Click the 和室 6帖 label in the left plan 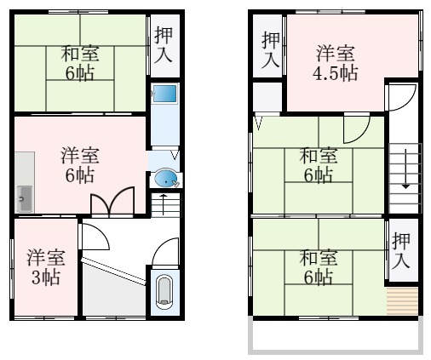[x=79, y=62]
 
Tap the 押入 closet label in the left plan [x=164, y=44]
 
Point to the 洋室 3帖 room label [x=44, y=266]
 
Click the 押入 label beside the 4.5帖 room [x=269, y=49]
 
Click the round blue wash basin [x=166, y=179]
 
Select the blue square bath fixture [x=164, y=94]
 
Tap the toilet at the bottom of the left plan [x=164, y=292]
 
